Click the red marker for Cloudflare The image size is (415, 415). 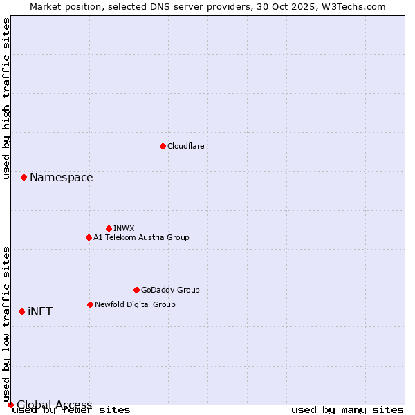pyautogui.click(x=163, y=146)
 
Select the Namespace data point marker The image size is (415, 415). pyautogui.click(x=24, y=178)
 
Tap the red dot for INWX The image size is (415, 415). pyautogui.click(x=109, y=228)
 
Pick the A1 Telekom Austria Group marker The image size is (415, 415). pyautogui.click(x=89, y=237)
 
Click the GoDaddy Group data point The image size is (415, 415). pyautogui.click(x=136, y=290)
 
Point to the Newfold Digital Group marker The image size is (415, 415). pyautogui.click(x=90, y=304)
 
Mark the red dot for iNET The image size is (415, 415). pyautogui.click(x=21, y=311)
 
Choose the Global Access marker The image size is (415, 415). pyautogui.click(x=10, y=405)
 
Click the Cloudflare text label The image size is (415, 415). pyautogui.click(x=185, y=146)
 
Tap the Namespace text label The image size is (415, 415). pyautogui.click(x=61, y=178)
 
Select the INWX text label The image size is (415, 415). pyautogui.click(x=124, y=228)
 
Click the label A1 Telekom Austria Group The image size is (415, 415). pyautogui.click(x=141, y=237)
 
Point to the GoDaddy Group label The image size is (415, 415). pyautogui.click(x=170, y=290)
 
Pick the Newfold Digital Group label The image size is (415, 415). pyautogui.click(x=135, y=304)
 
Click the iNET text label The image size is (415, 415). pyautogui.click(x=40, y=311)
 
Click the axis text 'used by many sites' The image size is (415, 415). pyautogui.click(x=347, y=410)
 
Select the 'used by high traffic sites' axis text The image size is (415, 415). pyautogui.click(x=7, y=98)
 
